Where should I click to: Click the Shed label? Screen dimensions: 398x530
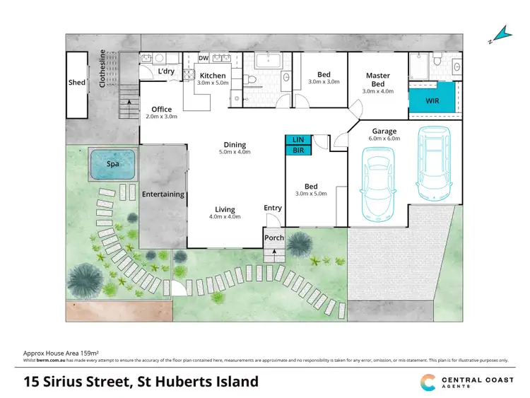tap(76, 83)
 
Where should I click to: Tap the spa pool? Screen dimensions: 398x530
tap(112, 164)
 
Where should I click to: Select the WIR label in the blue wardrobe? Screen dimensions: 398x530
tap(432, 101)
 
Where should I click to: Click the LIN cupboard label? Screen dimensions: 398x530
tap(298, 140)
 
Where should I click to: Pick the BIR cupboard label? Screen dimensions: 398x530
tap(298, 150)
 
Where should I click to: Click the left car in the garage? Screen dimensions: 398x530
tap(379, 182)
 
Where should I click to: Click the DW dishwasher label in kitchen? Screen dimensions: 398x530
tap(204, 59)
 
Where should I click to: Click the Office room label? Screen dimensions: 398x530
tap(162, 109)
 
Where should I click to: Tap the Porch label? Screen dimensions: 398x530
tap(274, 238)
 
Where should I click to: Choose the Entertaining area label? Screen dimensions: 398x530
tap(163, 194)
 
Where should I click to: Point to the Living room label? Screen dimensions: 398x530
tap(225, 209)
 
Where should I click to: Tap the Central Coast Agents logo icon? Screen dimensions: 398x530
tap(429, 381)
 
